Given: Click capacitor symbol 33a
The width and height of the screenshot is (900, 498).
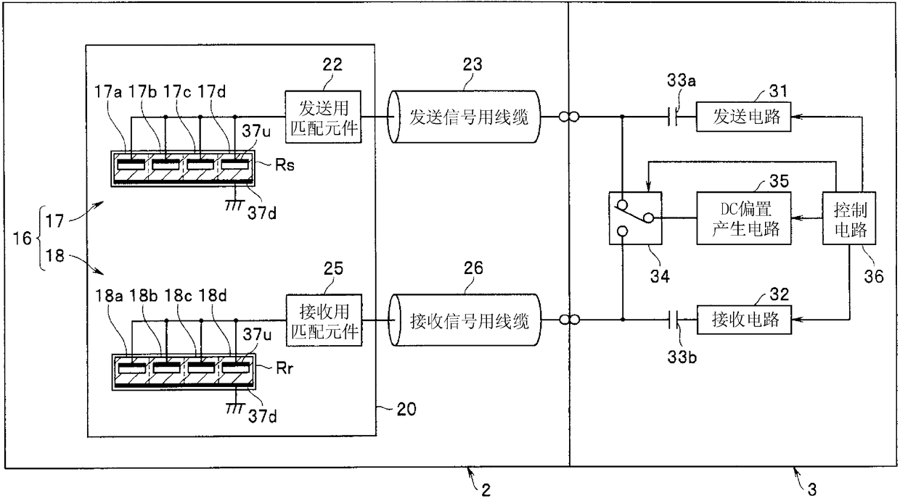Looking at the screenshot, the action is click(673, 117).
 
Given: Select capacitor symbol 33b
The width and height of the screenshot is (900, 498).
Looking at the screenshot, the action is click(673, 320).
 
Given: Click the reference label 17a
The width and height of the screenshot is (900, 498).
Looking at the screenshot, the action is click(108, 92).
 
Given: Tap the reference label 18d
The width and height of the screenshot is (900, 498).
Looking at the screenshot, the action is click(213, 296).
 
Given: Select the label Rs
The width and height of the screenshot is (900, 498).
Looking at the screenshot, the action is click(285, 165).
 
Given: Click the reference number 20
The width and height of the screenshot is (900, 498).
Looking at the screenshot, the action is click(406, 409).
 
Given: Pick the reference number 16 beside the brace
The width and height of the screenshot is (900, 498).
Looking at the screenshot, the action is click(22, 238).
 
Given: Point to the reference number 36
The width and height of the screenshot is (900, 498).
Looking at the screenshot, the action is click(874, 276).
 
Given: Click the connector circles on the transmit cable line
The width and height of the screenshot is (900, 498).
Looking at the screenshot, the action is click(569, 117).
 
